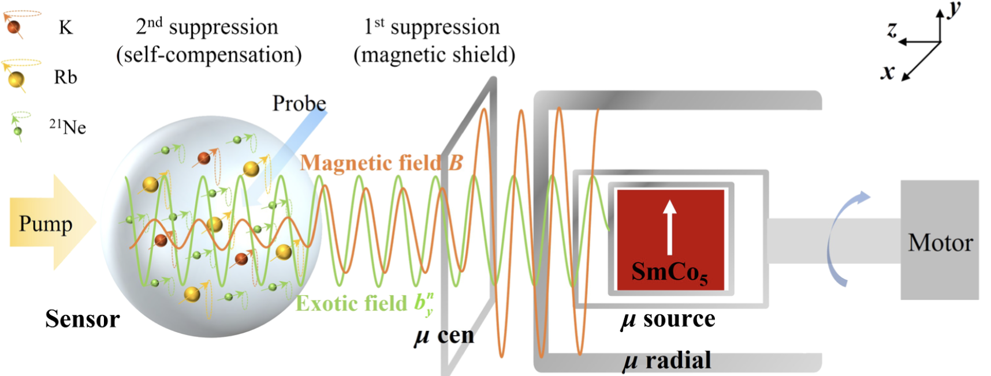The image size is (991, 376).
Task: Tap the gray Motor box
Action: point(940,240)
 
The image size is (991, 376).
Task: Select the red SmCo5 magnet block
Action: point(670,239)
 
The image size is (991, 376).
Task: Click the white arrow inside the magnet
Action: point(669,227)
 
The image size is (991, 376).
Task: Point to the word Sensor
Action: point(83,319)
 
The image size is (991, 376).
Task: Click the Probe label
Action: point(299,103)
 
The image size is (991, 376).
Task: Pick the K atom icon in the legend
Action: point(14,27)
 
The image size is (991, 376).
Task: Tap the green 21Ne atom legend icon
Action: point(18,130)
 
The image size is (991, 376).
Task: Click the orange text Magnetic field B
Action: point(381,163)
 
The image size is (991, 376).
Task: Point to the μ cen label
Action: point(444,336)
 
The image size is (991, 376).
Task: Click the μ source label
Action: point(668,319)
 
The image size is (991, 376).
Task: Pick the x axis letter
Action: point(888,72)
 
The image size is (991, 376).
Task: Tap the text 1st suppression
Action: point(432,27)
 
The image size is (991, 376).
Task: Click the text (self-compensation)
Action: point(209,55)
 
